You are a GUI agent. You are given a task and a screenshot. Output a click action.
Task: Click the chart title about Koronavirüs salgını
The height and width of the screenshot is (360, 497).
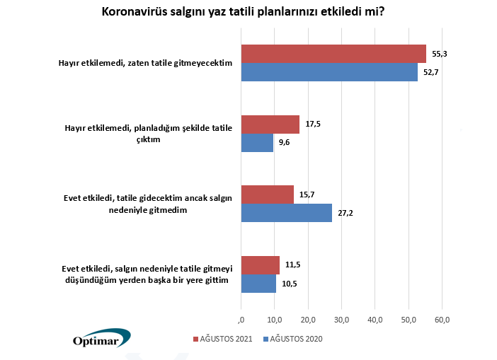pos(248,13)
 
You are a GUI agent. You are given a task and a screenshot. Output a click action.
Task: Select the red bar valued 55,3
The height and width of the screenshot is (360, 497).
pos(333,54)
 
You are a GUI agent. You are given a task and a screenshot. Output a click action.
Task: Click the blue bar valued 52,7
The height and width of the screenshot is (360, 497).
pos(329,72)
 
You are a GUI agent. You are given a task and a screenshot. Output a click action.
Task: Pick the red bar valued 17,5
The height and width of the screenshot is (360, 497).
pos(270,124)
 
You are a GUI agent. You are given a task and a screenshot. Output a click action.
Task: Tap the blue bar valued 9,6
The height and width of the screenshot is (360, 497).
pos(257,143)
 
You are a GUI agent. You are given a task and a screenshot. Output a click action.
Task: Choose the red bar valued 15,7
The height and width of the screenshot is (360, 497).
pos(268,194)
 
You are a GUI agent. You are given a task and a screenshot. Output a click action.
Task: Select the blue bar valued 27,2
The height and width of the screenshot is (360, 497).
pos(287,213)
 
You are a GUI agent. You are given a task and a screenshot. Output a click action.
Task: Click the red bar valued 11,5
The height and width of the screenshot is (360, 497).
pos(261,265)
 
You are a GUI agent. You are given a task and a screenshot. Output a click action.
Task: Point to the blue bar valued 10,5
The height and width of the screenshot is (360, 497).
pos(259,283)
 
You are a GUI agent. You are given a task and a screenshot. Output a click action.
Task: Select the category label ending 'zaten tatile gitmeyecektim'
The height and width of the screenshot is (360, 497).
pos(145,63)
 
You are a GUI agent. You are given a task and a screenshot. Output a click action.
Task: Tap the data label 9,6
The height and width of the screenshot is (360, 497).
pos(285,143)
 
